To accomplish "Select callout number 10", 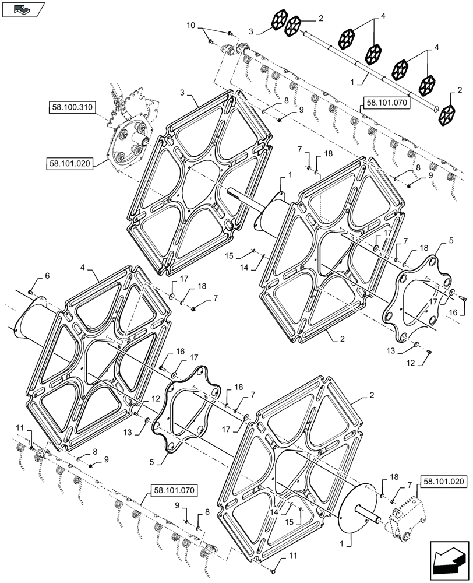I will click(x=192, y=27).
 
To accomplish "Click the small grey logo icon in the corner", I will click(x=22, y=9).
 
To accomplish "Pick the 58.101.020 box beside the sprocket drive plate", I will click(x=68, y=164).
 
